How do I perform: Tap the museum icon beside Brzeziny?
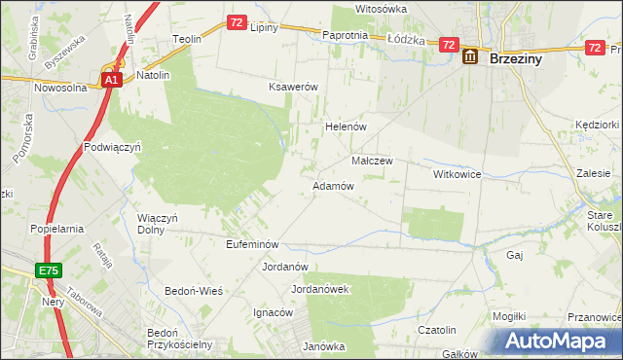pyautogui.click(x=470, y=57)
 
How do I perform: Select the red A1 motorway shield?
pyautogui.click(x=111, y=81)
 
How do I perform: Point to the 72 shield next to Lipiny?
pyautogui.click(x=238, y=21)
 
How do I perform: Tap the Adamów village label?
pyautogui.click(x=332, y=185)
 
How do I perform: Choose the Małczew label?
pyautogui.click(x=371, y=161)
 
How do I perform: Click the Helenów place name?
pyautogui.click(x=344, y=126)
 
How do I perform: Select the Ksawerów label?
pyautogui.click(x=294, y=87)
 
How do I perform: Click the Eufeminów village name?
pyautogui.click(x=252, y=244)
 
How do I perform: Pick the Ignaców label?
pyautogui.click(x=273, y=313)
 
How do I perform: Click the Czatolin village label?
pyautogui.click(x=438, y=331)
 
